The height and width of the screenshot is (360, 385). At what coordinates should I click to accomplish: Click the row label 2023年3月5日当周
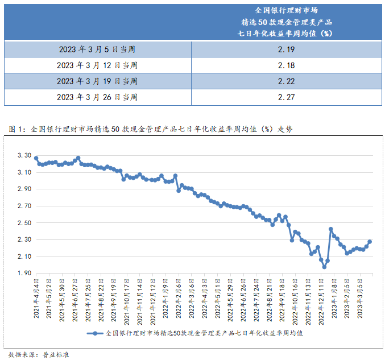tap(97, 50)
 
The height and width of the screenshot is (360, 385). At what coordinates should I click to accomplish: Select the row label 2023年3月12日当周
tap(97, 65)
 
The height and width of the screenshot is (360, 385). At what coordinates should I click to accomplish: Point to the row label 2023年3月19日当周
tap(97, 81)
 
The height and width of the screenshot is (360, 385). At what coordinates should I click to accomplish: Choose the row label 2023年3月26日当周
tap(97, 97)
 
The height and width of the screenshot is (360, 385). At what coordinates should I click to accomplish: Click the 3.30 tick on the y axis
tap(23, 155)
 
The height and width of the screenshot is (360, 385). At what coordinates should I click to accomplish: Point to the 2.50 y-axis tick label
tap(23, 223)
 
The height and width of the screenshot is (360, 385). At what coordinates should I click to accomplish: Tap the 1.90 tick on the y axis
tap(23, 274)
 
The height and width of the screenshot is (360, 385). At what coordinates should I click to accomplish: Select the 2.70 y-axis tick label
tap(23, 206)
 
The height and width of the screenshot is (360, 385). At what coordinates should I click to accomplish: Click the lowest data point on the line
tap(324, 267)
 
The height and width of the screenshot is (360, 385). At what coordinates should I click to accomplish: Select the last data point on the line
tap(370, 242)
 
